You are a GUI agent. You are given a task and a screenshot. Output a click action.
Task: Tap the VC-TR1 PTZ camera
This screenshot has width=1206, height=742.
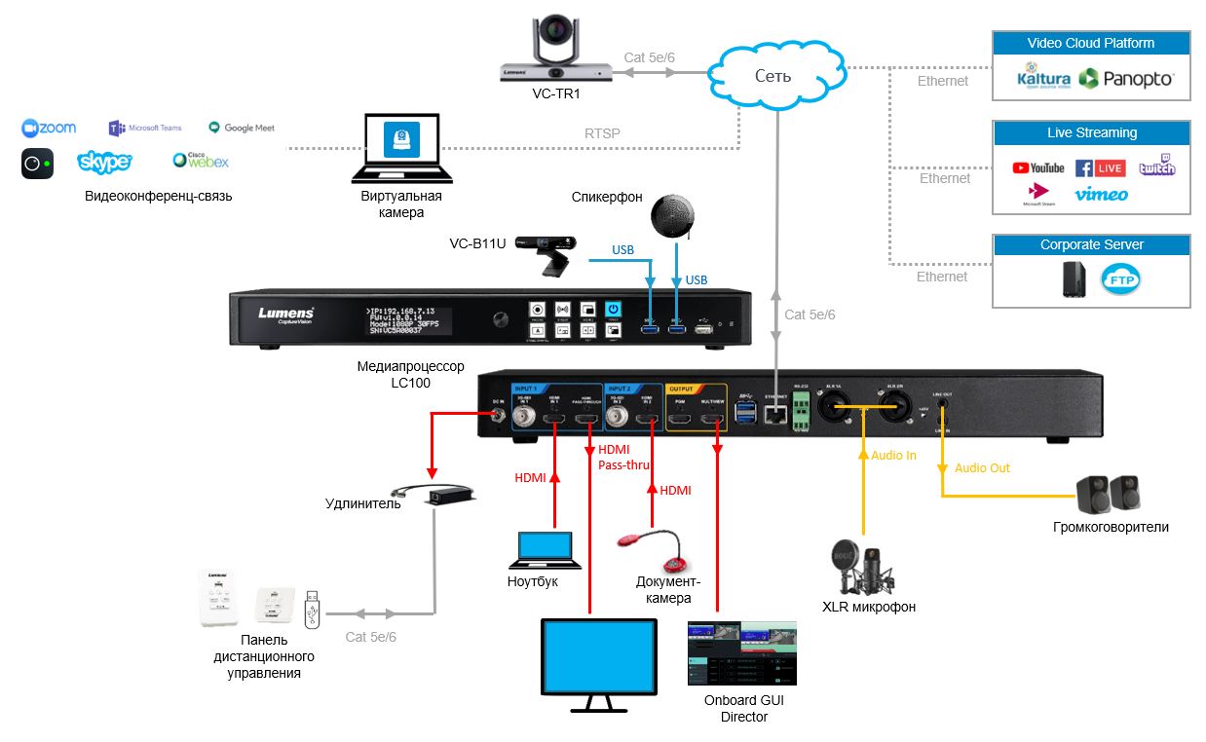(557, 51)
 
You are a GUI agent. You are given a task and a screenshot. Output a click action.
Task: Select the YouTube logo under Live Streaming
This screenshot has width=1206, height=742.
(1037, 168)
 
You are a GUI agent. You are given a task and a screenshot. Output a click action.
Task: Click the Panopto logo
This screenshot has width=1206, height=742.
(1125, 79)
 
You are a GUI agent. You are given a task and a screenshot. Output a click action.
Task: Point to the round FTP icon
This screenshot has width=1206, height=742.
(1120, 281)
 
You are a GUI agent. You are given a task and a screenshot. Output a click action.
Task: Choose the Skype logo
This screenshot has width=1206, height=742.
(104, 162)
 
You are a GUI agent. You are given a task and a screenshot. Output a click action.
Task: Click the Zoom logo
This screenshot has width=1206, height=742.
(49, 129)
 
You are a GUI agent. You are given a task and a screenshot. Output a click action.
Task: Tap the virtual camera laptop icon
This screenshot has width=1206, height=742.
(400, 149)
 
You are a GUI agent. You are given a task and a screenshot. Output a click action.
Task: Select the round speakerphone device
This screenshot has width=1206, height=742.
(674, 215)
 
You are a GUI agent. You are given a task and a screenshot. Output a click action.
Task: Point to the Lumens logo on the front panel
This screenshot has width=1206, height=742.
(285, 315)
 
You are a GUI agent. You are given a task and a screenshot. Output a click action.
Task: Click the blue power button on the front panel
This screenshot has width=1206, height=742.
(614, 308)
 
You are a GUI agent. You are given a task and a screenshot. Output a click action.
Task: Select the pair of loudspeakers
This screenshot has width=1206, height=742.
(1109, 494)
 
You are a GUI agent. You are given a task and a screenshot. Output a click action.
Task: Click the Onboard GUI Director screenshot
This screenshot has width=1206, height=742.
(741, 655)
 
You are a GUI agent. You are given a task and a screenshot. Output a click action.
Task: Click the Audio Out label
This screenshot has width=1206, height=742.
(982, 468)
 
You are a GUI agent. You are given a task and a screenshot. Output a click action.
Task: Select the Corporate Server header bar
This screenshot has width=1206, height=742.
(1091, 245)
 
